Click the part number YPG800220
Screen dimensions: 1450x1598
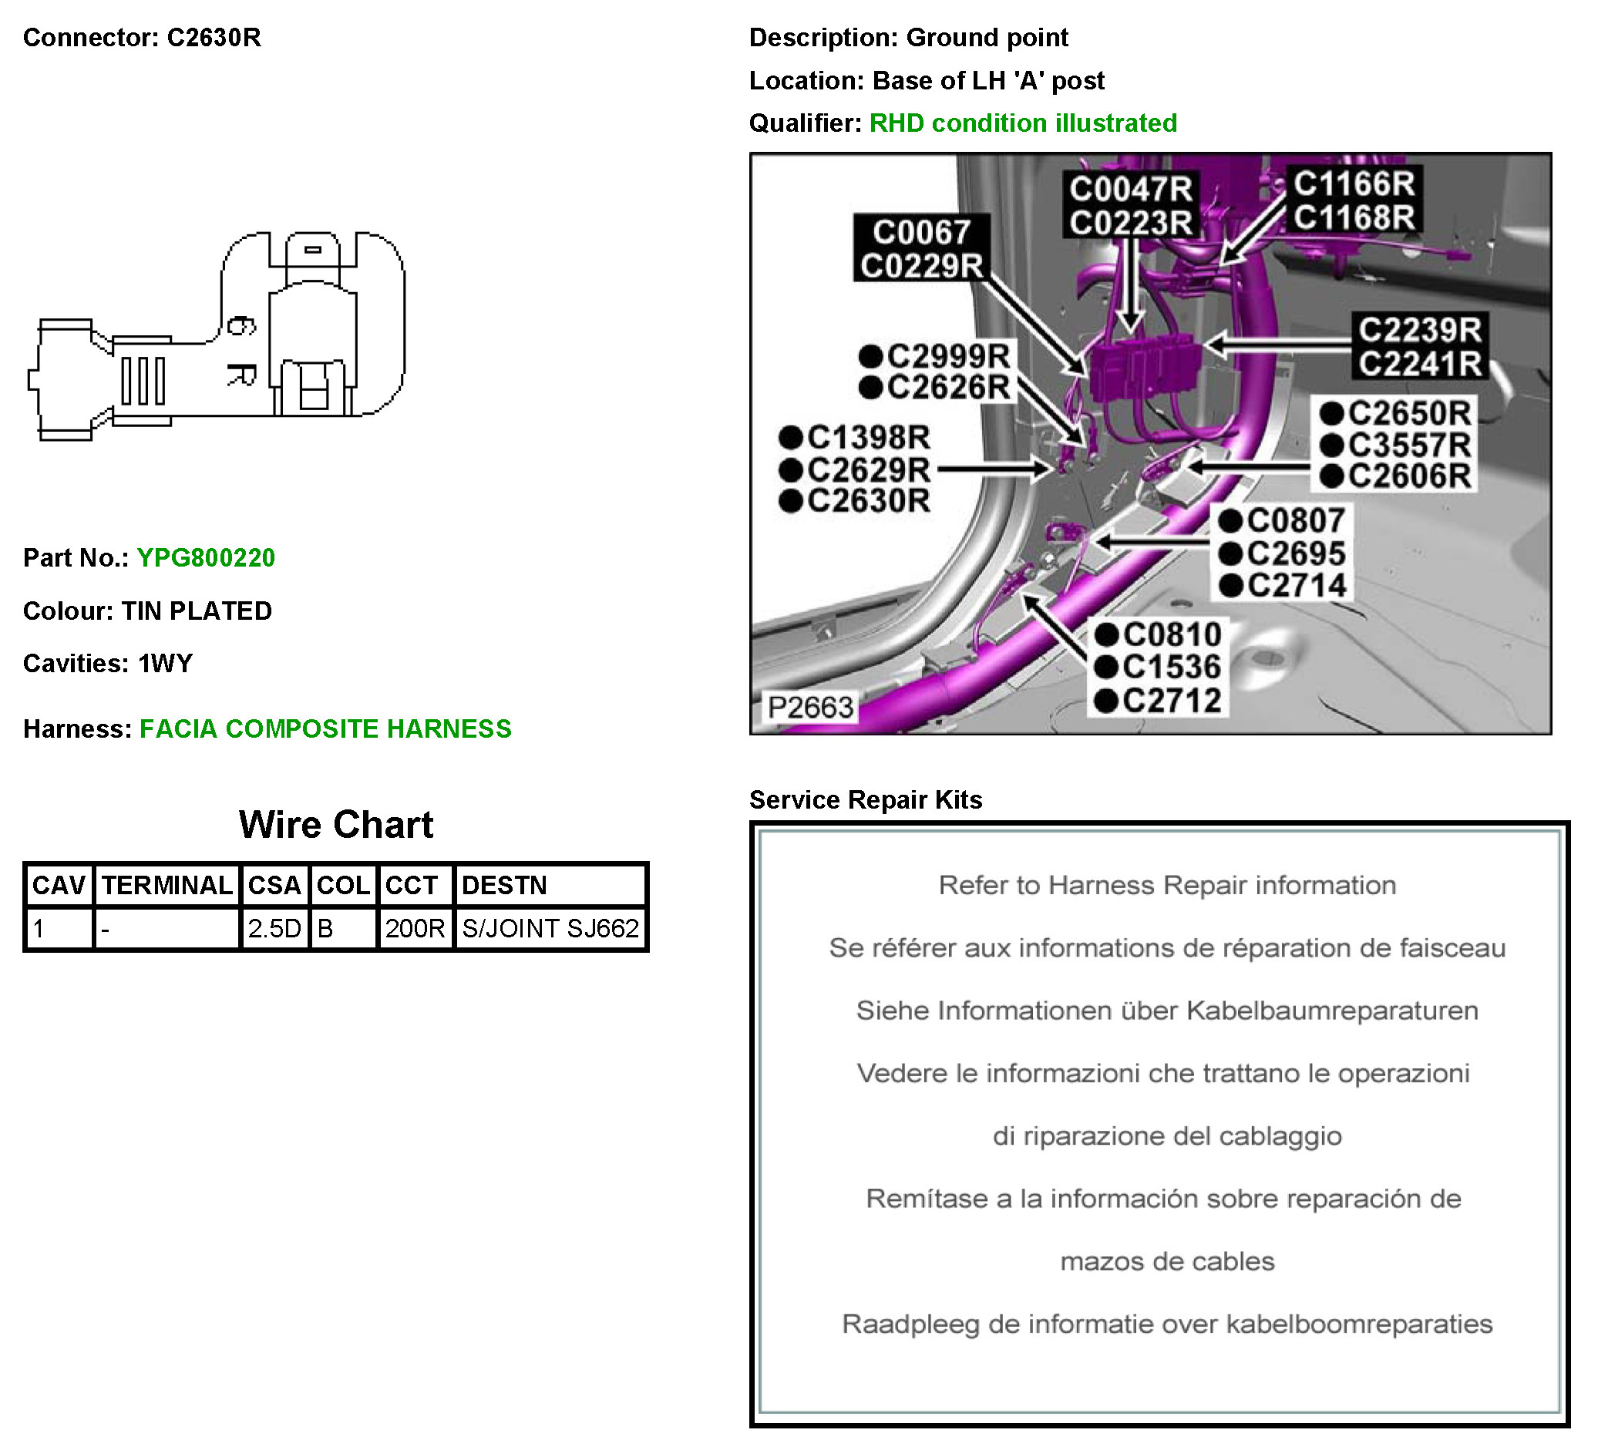coord(205,557)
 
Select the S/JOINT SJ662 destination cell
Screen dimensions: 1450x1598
coord(550,927)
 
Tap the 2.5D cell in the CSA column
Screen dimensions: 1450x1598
coord(274,927)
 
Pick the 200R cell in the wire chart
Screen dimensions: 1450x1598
coord(415,927)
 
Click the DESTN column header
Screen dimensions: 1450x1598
coord(504,885)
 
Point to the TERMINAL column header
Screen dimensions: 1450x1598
coord(167,885)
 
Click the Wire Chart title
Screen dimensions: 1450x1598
coord(336,825)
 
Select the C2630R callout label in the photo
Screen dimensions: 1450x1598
coord(868,501)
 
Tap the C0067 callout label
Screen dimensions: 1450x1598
coord(921,232)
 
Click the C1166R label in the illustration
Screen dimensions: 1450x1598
coord(1354,184)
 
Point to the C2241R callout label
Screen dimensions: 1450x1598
coord(1420,364)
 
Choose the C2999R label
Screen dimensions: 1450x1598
coord(948,356)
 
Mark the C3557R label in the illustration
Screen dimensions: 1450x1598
coord(1408,445)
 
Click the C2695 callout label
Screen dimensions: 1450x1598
coord(1295,553)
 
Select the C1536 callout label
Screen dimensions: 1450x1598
coord(1172,668)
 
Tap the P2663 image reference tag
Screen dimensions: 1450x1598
coord(809,706)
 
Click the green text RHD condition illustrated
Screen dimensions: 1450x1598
coord(1022,123)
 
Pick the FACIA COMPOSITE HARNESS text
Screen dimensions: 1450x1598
coord(325,728)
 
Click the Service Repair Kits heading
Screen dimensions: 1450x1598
coord(866,799)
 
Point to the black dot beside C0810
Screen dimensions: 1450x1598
coord(1105,634)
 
